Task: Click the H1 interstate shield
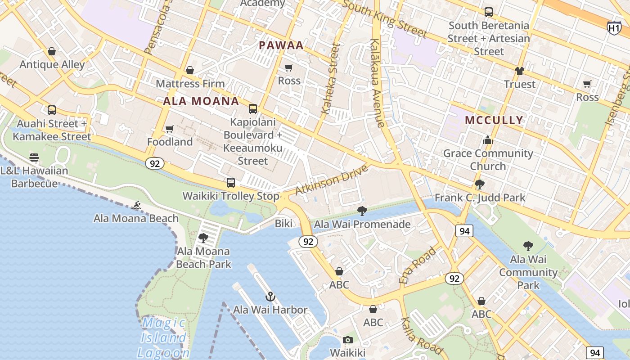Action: point(614,28)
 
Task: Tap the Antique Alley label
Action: point(52,64)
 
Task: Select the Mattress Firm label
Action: point(190,84)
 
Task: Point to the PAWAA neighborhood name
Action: point(281,45)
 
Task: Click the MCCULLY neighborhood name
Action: point(494,120)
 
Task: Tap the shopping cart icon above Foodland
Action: point(170,129)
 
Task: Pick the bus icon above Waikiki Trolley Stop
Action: point(231,183)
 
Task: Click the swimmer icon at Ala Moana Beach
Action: point(136,206)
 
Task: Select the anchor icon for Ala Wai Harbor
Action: point(270,297)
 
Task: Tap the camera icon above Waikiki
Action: point(348,340)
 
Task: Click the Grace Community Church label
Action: point(488,160)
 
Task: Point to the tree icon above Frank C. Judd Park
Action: point(480,184)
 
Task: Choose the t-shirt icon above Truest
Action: point(520,71)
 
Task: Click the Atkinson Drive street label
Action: point(332,180)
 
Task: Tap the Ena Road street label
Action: point(418,265)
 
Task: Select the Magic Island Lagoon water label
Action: point(163,337)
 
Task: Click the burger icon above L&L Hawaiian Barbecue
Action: point(34,157)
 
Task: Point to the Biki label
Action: point(283,223)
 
